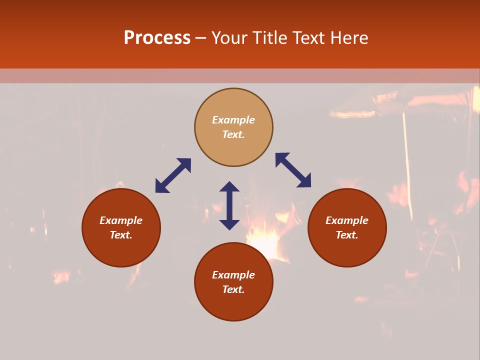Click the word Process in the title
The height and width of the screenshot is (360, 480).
[x=157, y=38]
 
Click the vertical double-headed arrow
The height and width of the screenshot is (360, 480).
[x=229, y=205]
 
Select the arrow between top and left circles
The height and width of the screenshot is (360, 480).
[x=173, y=175]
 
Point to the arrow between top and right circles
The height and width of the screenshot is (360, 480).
[x=293, y=170]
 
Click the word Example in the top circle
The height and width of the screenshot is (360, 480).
[x=233, y=120]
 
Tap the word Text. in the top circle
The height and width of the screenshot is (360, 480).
[x=233, y=134]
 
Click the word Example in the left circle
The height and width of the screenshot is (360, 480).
[x=121, y=220]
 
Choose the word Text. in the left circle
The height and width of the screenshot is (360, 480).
[x=121, y=235]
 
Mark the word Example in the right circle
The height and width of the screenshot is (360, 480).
[x=347, y=220]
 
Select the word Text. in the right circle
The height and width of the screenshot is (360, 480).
[x=347, y=235]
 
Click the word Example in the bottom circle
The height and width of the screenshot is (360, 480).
[x=233, y=275]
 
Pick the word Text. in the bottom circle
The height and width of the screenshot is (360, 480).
[x=233, y=289]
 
